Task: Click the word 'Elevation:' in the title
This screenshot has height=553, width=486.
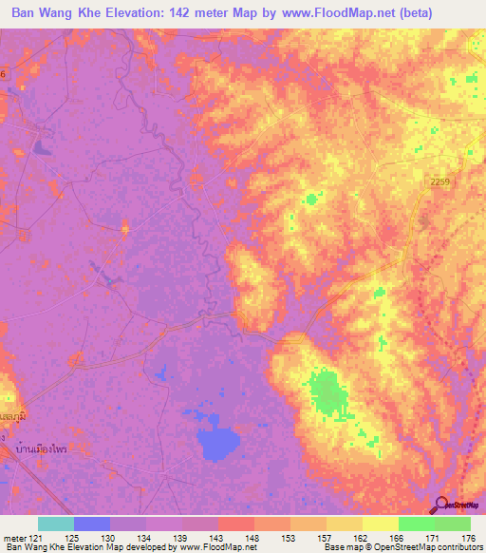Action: [131, 13]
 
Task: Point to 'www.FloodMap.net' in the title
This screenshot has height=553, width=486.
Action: [346, 13]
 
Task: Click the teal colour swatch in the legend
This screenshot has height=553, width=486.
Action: [56, 524]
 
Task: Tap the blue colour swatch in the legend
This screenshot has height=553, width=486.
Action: [92, 524]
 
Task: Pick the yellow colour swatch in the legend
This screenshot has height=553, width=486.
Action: [381, 524]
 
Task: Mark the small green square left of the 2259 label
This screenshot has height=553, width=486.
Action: [311, 199]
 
